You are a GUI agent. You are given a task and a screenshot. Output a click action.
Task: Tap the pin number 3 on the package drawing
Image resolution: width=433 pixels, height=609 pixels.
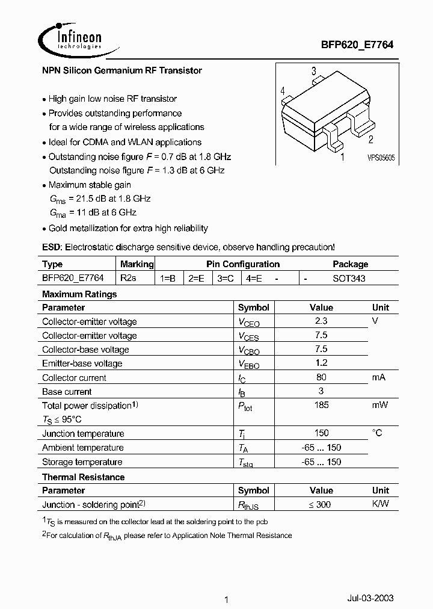point(314,72)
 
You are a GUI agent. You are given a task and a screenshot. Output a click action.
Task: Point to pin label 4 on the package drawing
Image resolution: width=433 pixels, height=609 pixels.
point(282,91)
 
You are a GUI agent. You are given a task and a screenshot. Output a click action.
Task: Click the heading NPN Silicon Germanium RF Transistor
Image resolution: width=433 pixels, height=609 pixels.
point(122,70)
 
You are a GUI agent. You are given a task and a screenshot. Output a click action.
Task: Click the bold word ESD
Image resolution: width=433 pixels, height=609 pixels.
point(51,247)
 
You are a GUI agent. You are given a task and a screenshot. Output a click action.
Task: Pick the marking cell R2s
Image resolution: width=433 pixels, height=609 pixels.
point(128,278)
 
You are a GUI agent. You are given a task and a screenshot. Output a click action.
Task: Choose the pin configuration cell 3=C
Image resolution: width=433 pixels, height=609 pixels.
point(226,278)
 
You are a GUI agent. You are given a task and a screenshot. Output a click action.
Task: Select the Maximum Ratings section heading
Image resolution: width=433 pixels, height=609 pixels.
point(79,294)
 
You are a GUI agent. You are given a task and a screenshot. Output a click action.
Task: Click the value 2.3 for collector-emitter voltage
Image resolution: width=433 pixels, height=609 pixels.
point(321,321)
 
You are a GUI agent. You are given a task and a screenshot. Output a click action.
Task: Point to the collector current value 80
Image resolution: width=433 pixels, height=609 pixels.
point(321,377)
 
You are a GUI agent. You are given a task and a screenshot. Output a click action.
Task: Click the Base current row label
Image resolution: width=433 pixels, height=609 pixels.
point(67,392)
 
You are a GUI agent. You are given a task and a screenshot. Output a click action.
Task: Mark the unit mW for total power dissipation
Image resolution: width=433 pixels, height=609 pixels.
point(380,405)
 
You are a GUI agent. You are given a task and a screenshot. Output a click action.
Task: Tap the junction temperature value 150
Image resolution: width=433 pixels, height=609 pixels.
point(321,433)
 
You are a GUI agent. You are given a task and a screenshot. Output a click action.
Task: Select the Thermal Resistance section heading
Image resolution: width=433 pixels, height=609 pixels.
point(84,477)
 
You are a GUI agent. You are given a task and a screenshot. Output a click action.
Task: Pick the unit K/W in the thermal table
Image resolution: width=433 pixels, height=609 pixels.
point(380,504)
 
